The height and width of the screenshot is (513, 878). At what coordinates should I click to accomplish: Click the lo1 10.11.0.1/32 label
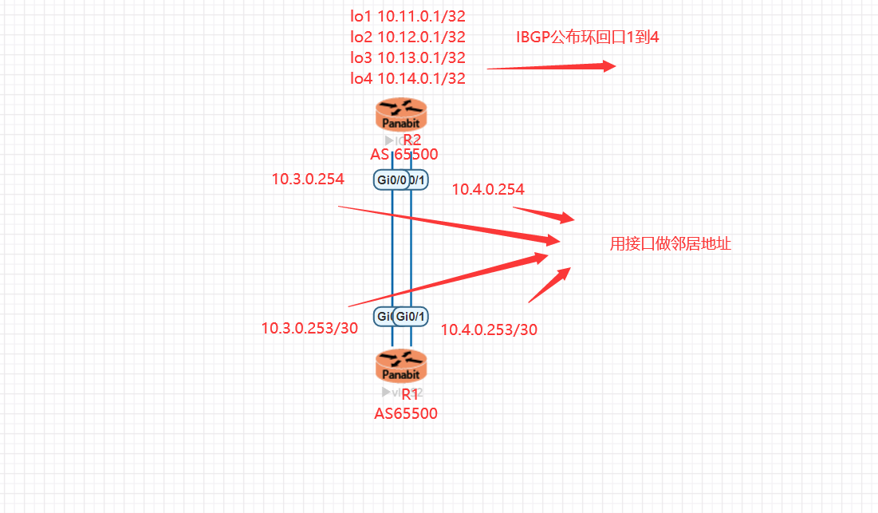(x=408, y=15)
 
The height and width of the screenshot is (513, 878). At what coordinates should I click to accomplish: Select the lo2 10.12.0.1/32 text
(x=408, y=36)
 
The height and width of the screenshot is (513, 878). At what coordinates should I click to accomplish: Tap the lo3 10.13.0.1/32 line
(x=408, y=57)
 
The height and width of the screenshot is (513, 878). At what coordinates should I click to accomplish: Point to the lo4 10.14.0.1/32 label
(x=408, y=77)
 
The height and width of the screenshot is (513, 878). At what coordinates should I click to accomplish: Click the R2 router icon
(x=401, y=115)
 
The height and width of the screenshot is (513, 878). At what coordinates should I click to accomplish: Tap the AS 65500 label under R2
(x=404, y=155)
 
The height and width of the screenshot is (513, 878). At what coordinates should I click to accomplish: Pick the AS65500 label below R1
(x=405, y=413)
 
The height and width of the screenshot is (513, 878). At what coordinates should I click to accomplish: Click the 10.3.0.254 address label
(x=308, y=179)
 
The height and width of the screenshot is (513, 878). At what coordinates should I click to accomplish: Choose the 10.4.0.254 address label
(x=488, y=189)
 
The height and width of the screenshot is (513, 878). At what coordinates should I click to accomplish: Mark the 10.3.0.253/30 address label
(x=309, y=328)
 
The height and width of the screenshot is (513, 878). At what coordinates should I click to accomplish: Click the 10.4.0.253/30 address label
(x=489, y=330)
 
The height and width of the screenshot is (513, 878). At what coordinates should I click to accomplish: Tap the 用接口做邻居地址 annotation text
(x=670, y=244)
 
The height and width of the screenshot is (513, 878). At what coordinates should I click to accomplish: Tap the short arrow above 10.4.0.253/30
(x=549, y=285)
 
